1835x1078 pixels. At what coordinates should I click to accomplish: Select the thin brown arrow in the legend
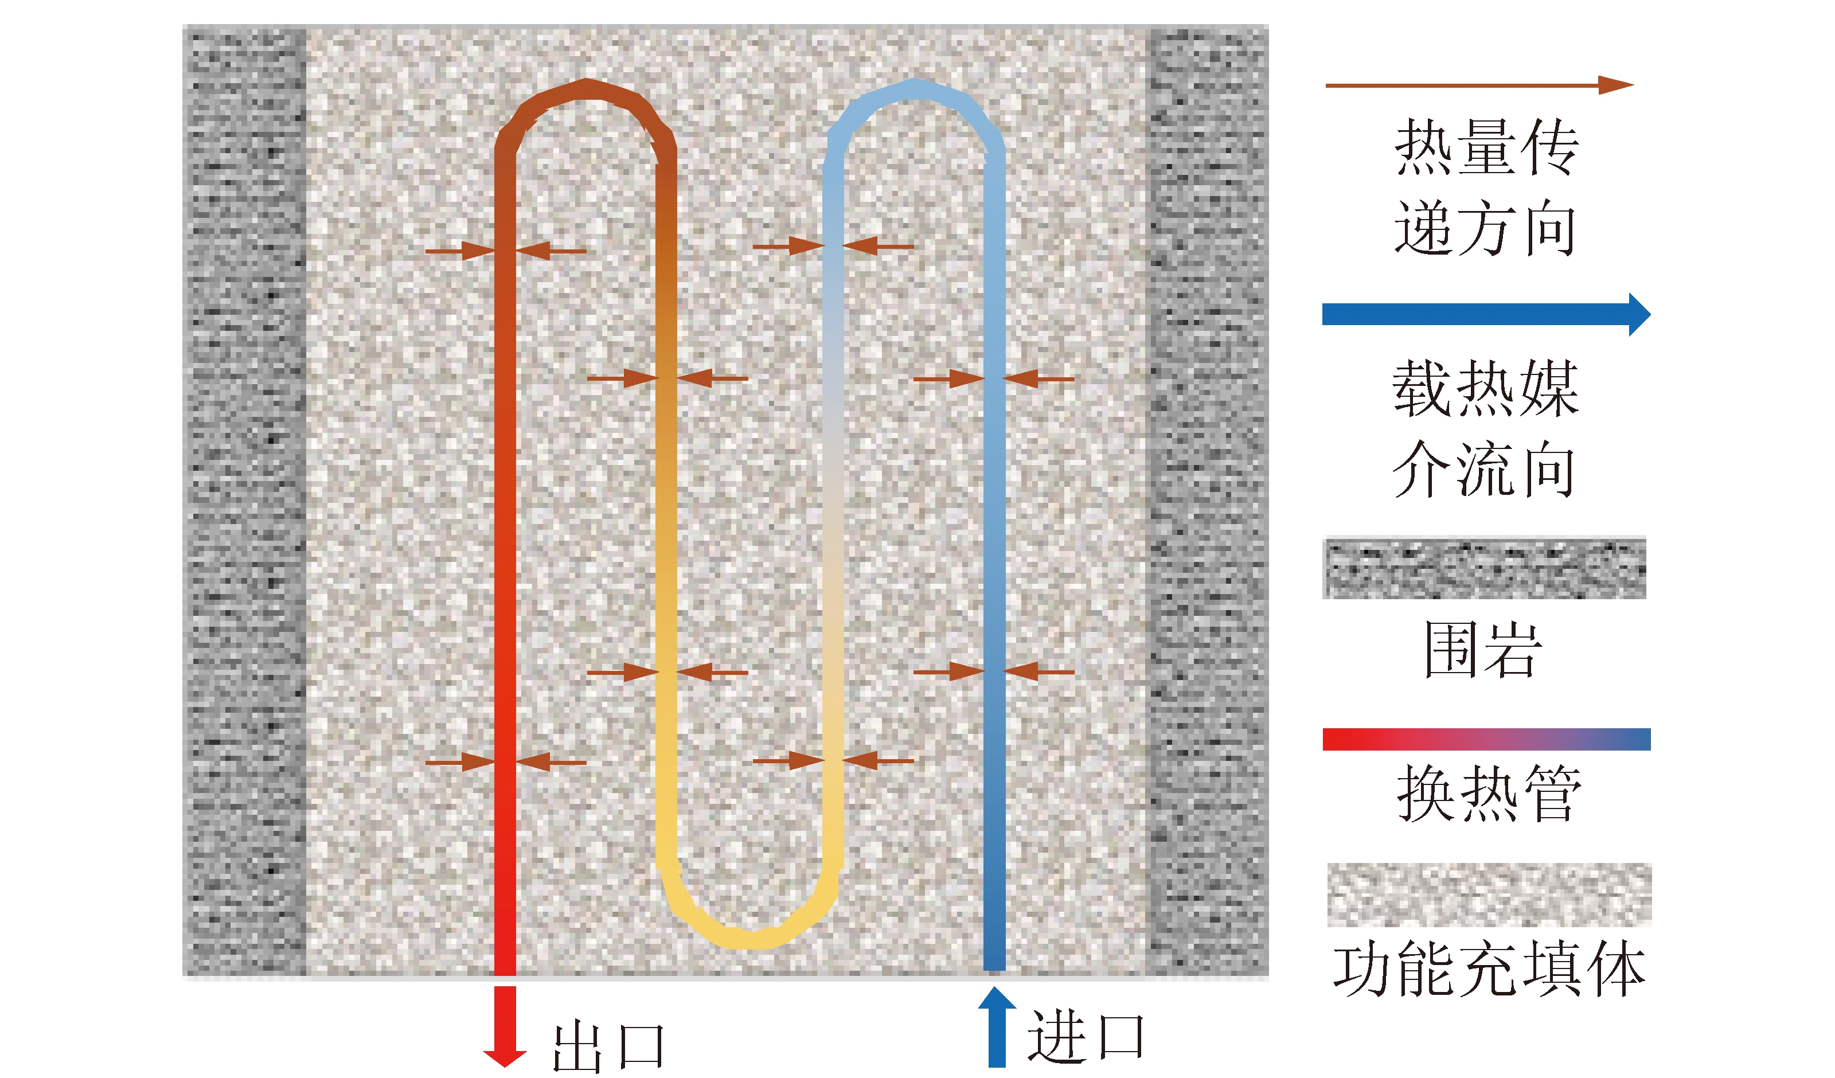pos(1479,85)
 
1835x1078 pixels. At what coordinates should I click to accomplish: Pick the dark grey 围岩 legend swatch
pos(1484,569)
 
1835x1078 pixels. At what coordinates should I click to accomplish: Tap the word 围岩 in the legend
pos(1483,650)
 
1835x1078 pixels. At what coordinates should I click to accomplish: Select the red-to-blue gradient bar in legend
pos(1486,739)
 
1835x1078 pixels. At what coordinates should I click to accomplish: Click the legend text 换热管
pos(1489,794)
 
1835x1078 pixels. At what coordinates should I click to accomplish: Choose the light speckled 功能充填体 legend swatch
pos(1489,895)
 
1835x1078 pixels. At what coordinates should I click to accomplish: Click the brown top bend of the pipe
pos(586,89)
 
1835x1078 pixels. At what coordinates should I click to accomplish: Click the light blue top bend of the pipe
pos(915,89)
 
